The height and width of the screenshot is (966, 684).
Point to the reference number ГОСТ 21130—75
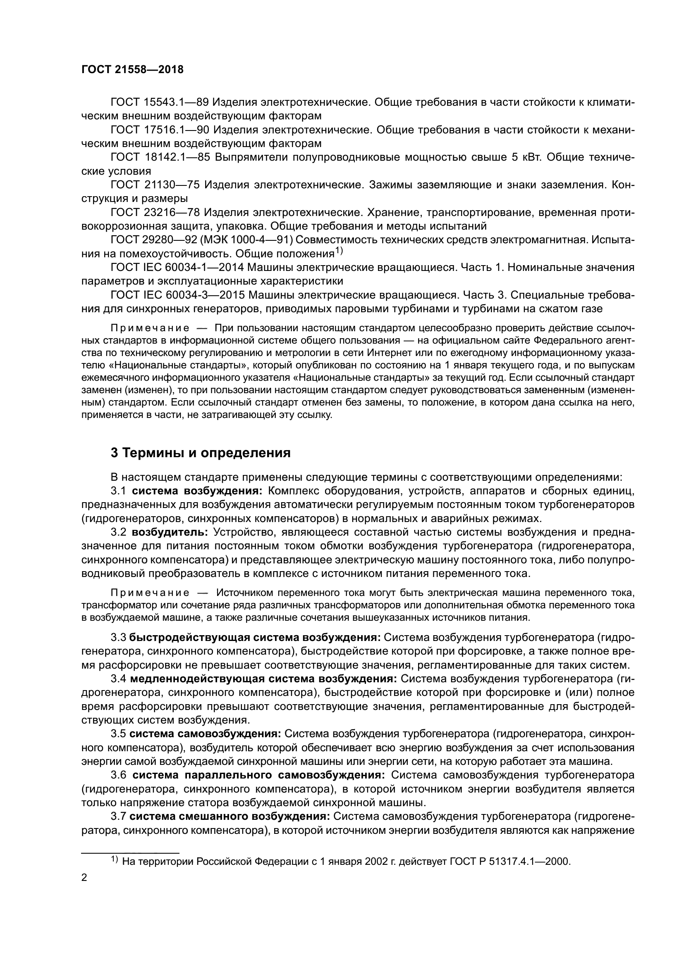[x=155, y=185]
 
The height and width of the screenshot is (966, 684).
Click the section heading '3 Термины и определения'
[x=201, y=453]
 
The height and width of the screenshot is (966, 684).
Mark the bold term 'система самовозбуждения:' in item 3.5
[x=205, y=734]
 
